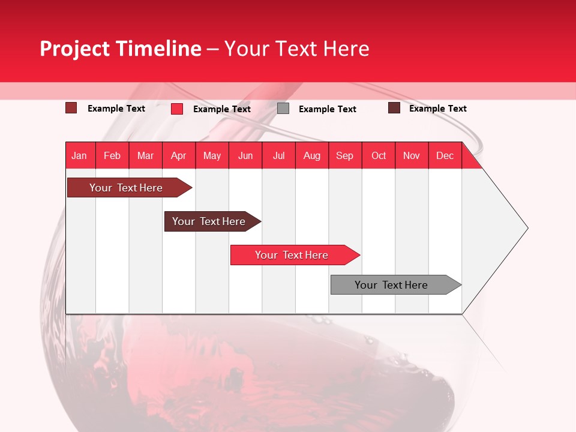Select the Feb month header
(x=112, y=155)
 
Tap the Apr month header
(x=179, y=155)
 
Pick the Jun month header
(x=245, y=155)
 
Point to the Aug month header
(x=312, y=155)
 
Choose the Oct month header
(x=379, y=155)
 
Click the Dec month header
(x=445, y=155)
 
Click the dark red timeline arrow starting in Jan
(x=130, y=187)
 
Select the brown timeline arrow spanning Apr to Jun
(x=212, y=221)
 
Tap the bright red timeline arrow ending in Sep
(x=295, y=255)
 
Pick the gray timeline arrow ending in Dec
(x=396, y=284)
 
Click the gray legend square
(x=283, y=109)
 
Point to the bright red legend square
(x=177, y=109)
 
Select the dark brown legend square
(x=394, y=107)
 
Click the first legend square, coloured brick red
(x=71, y=107)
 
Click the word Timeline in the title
(x=158, y=48)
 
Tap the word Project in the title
(x=74, y=49)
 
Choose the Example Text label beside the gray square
(x=328, y=109)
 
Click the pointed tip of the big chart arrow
(x=528, y=228)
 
